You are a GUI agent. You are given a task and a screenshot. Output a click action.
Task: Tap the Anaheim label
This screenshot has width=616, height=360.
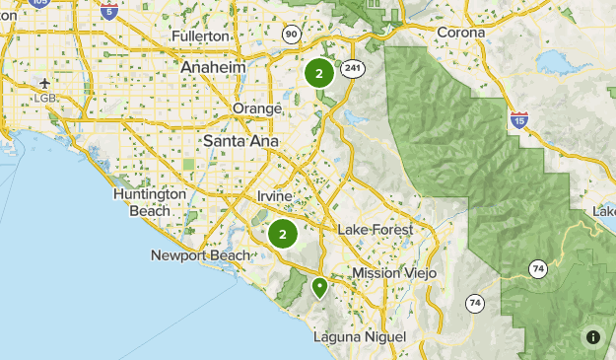pos(213,66)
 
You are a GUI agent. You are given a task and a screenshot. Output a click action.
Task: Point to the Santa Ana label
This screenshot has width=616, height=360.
pos(240,141)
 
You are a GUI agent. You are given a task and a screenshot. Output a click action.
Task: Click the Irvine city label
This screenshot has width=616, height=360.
pos(275,196)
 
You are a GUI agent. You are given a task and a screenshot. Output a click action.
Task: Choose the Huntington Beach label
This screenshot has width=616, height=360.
pos(150,203)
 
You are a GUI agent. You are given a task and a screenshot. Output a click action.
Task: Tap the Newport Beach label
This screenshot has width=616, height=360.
pos(200,255)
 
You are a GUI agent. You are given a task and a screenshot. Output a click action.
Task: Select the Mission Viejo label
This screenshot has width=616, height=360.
pos(390,272)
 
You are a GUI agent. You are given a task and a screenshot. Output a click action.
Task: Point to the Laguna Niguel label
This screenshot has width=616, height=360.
pos(359,337)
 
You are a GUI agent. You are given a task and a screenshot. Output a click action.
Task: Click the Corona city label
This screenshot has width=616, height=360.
pos(461,33)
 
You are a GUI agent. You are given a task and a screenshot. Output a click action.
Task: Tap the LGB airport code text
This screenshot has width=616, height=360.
pos(45,99)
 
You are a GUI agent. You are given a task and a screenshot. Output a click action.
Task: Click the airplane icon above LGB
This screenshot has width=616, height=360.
pos(45,83)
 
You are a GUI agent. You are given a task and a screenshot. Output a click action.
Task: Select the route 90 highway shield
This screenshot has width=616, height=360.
pos(292,35)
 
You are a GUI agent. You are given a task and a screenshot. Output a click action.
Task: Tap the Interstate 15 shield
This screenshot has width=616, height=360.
pos(519,120)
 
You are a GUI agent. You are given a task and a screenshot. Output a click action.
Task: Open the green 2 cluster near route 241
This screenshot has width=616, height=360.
pos(319,73)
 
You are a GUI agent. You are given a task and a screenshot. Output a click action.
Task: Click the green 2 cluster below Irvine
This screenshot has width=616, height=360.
pos(283,234)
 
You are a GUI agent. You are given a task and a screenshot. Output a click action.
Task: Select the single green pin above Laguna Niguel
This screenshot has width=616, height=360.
pos(319,287)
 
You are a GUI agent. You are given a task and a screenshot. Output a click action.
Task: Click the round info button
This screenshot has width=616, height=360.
pos(593,337)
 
